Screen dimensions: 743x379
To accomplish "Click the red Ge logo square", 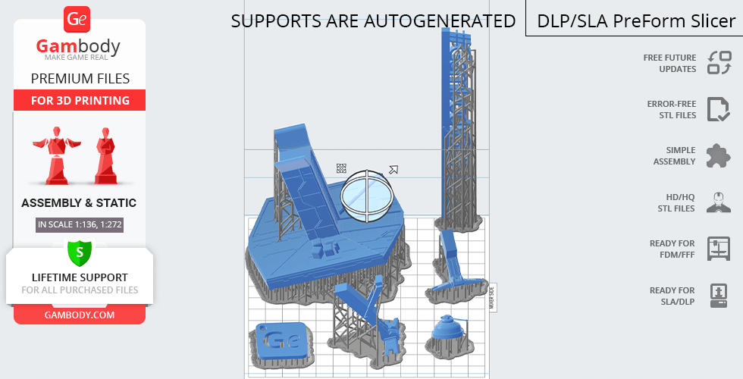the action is point(77,19).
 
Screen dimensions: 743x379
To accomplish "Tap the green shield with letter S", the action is point(79,253).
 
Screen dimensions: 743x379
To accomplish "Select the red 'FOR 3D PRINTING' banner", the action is point(80,100).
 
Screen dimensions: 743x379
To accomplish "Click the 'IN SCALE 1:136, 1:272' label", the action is point(80,224).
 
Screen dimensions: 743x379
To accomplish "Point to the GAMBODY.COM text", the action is point(80,315).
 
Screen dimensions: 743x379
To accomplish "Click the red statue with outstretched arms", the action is point(56,155).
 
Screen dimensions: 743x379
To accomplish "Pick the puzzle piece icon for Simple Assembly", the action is point(719,155).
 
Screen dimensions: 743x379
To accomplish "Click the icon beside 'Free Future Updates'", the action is point(719,63).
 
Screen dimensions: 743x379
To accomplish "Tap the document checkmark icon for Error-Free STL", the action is point(719,109).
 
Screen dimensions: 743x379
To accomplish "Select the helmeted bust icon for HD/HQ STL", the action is point(719,202).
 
